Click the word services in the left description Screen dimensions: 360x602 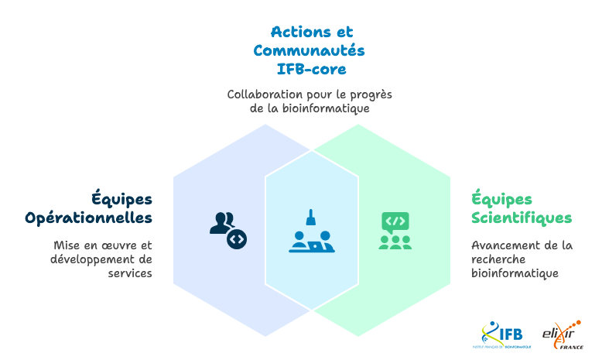pyautogui.click(x=130, y=273)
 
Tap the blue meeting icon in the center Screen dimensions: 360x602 pyautogui.click(x=311, y=231)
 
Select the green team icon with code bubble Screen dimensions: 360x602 pyautogui.click(x=395, y=230)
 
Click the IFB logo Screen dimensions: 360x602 pyautogui.click(x=502, y=334)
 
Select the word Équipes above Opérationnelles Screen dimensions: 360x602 pyautogui.click(x=122, y=199)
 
